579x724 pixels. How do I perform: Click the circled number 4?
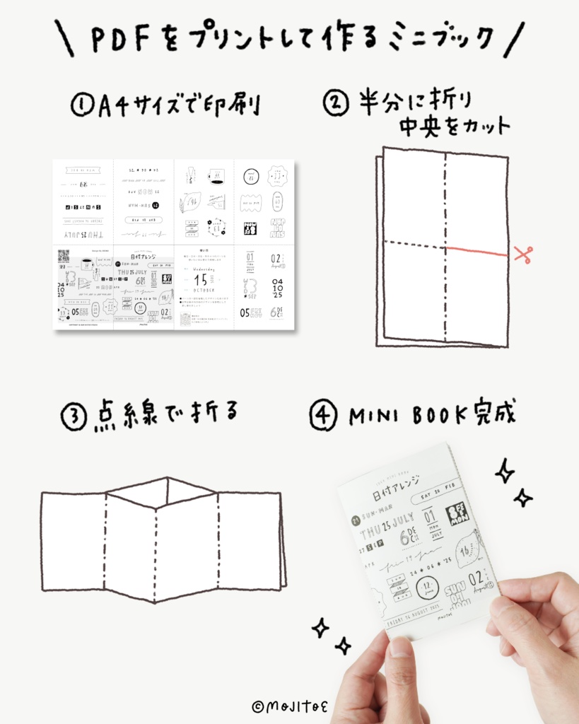click(323, 417)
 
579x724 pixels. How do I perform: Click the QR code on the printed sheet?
click(63, 255)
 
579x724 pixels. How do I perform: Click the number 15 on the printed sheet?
click(201, 280)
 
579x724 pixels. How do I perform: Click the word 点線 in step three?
click(125, 417)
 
